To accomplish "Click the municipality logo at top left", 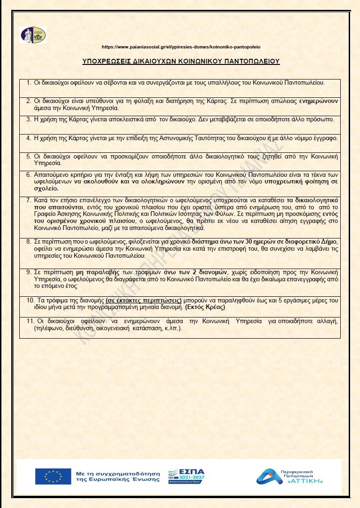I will coord(33,35).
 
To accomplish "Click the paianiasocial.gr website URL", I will coord(181,47).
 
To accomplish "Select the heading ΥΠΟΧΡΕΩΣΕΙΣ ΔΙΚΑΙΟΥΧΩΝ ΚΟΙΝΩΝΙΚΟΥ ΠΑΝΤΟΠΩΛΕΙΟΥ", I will coord(181,61).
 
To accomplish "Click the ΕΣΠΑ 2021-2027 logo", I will coord(186,476).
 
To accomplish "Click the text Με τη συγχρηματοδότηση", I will coord(118,472).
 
